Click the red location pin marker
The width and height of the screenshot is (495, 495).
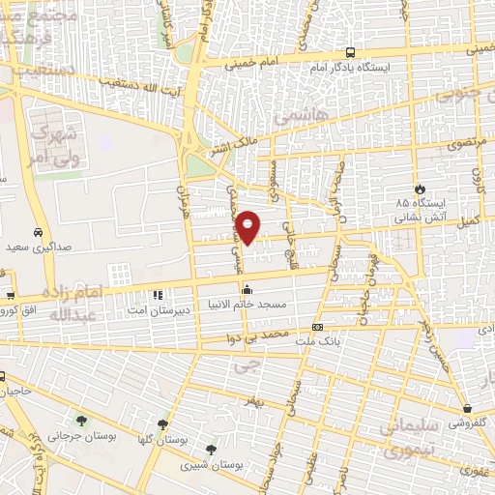[248, 226]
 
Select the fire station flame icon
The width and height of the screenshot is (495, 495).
[418, 189]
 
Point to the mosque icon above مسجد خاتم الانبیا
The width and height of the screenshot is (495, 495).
[247, 288]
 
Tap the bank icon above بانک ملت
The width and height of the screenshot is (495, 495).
[317, 327]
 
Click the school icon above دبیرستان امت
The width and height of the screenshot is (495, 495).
[157, 296]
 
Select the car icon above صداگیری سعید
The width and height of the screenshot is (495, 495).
[36, 233]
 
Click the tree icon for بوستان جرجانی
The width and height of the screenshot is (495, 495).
[80, 421]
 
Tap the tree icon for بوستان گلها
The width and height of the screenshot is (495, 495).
[162, 423]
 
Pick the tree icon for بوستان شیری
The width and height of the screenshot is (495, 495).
[211, 449]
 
